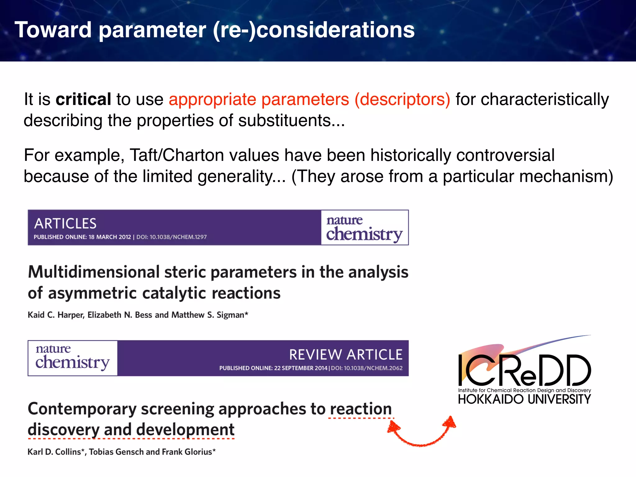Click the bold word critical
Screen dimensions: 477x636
click(83, 99)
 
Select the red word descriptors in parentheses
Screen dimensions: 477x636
click(402, 99)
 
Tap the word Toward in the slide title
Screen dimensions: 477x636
click(53, 30)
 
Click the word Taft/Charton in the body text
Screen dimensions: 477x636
click(176, 155)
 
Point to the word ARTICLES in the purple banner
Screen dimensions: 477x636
click(65, 224)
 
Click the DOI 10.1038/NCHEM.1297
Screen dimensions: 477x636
click(171, 237)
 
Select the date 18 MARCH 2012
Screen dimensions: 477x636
click(110, 237)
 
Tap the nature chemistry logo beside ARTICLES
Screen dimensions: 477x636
click(364, 228)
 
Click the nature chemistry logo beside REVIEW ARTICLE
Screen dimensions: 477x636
click(72, 358)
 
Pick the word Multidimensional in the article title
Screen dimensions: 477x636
click(93, 272)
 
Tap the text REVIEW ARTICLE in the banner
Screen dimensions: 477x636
click(346, 355)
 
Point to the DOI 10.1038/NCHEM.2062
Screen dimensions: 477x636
click(367, 368)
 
